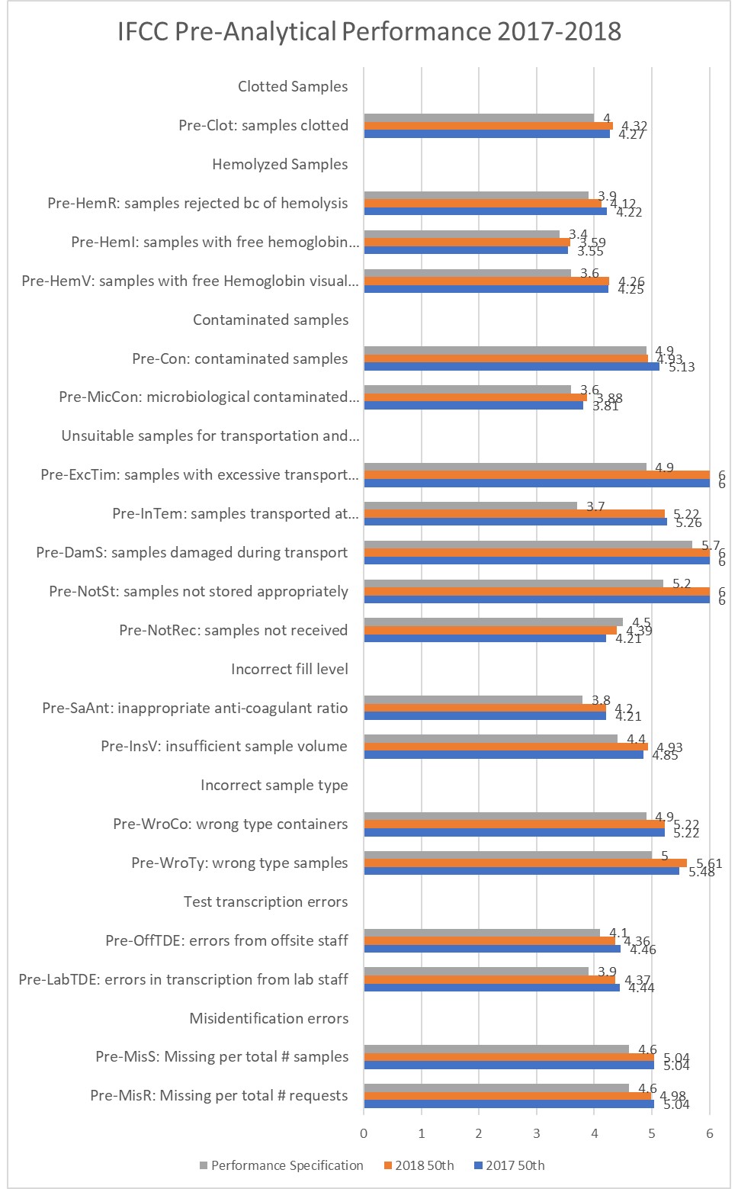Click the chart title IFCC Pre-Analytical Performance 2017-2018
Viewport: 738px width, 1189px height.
coord(369,32)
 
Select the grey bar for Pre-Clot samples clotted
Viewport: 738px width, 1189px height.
coord(479,117)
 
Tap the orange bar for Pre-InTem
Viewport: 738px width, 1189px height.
coord(514,514)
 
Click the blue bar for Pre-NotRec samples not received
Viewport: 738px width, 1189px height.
coord(485,638)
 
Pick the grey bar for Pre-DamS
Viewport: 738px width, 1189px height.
coord(528,545)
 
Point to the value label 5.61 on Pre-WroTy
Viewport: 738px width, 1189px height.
coord(708,863)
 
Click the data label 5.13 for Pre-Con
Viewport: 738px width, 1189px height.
coord(682,367)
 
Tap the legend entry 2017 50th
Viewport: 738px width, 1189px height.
coord(515,1165)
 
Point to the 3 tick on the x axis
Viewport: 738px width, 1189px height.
coord(537,1133)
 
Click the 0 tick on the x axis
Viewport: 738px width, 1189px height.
coord(364,1133)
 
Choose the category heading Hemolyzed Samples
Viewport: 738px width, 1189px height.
coord(280,164)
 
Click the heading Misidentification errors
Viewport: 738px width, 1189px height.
coord(268,1018)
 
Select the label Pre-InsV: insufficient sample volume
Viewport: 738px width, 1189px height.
coord(224,746)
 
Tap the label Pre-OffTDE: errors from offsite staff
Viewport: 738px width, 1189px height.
coord(226,940)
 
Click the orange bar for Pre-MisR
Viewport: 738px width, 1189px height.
coord(507,1096)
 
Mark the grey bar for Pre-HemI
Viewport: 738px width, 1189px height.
coord(461,234)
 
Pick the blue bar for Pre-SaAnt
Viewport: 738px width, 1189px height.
coord(485,716)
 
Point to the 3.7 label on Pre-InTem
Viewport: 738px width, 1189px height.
coord(595,506)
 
